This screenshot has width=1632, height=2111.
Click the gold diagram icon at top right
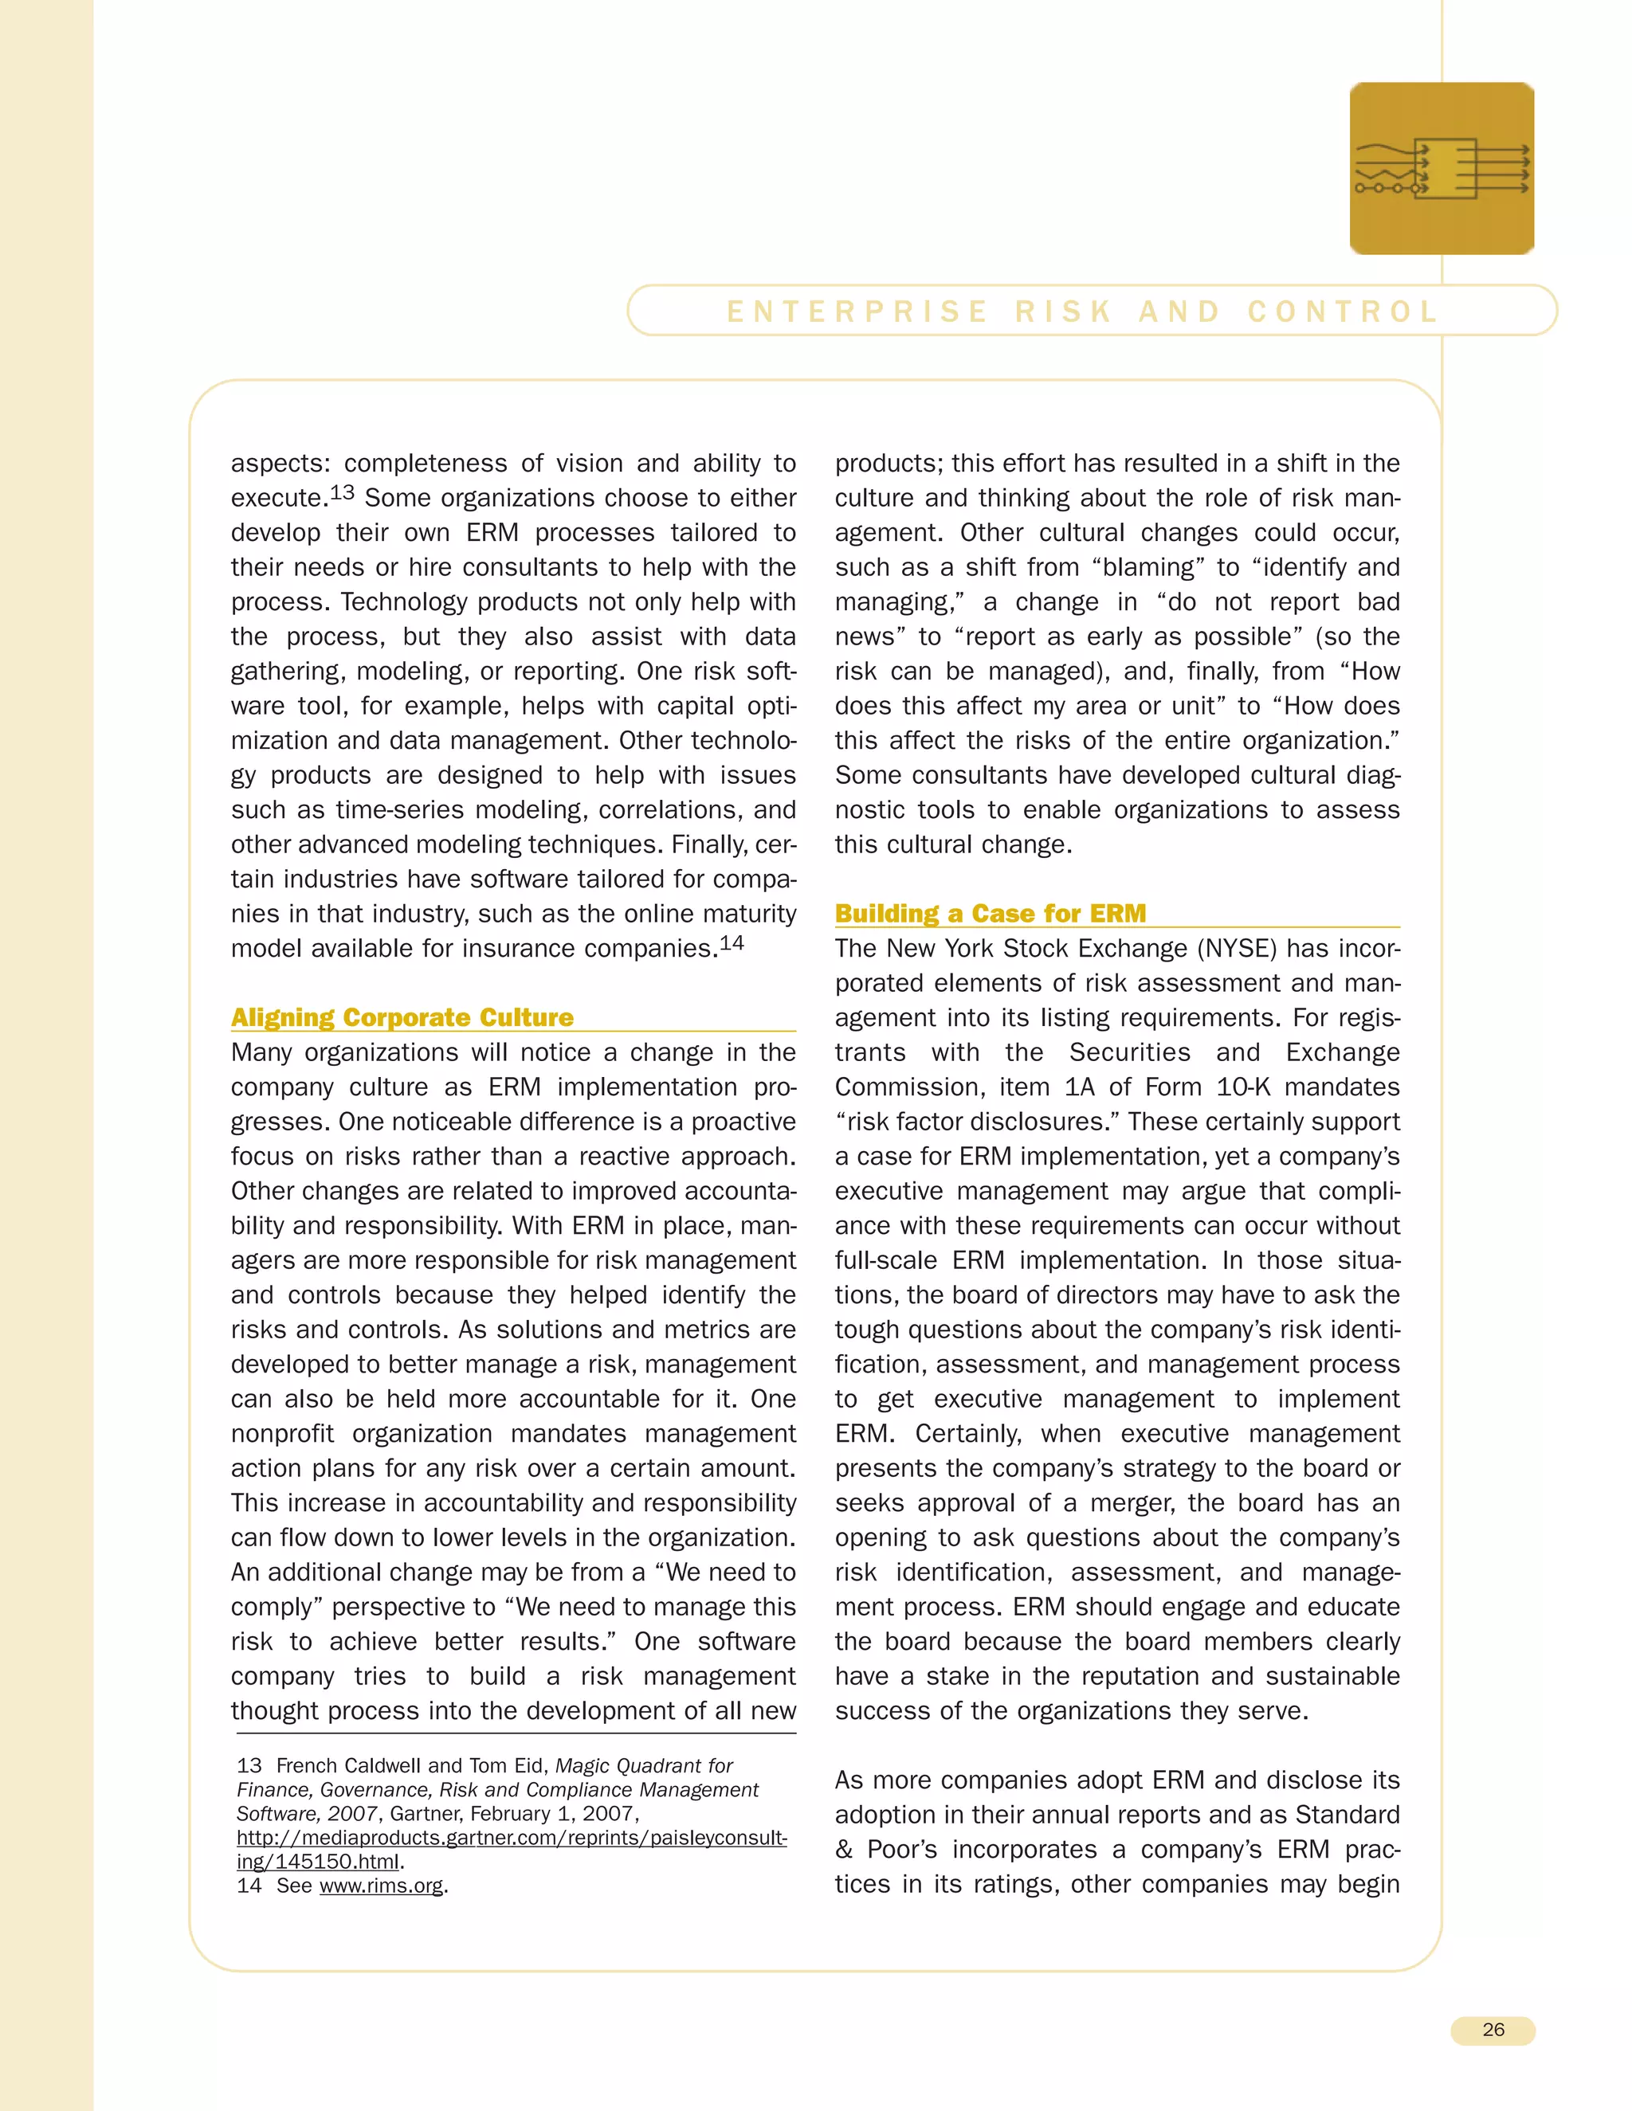point(1441,168)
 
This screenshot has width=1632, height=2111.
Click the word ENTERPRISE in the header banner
point(857,311)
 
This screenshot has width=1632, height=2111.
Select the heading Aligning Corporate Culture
point(402,1018)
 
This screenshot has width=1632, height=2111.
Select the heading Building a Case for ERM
point(990,914)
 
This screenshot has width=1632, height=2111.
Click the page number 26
point(1492,2029)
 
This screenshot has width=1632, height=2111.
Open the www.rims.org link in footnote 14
point(381,1885)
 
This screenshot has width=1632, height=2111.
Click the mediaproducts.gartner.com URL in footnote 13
point(512,1838)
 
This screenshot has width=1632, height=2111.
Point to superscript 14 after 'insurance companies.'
point(732,942)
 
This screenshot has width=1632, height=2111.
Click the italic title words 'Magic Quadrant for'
point(643,1766)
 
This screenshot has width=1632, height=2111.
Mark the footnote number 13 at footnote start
point(249,1766)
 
